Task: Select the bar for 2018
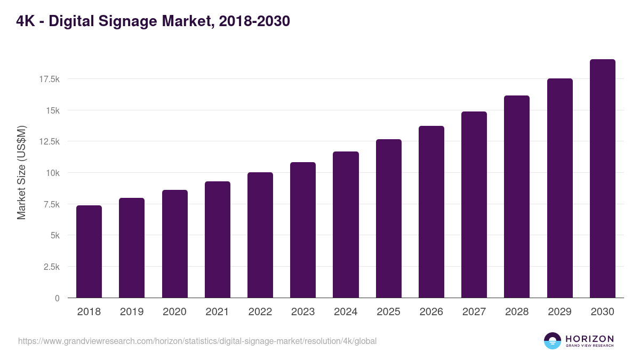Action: point(89,252)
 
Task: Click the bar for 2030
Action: point(602,179)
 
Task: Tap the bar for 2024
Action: point(346,225)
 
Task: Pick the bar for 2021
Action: point(218,239)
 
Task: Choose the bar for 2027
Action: point(474,205)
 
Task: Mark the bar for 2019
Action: point(132,248)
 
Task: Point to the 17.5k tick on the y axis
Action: point(49,79)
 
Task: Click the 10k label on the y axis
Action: point(52,173)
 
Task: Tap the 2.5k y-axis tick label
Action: point(51,267)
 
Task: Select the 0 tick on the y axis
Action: point(57,298)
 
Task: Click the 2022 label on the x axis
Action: point(260,312)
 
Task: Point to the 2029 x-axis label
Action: point(559,312)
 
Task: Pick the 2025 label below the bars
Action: point(388,312)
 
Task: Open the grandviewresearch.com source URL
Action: point(197,341)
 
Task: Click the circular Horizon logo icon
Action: point(553,341)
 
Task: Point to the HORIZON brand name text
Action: point(589,339)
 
